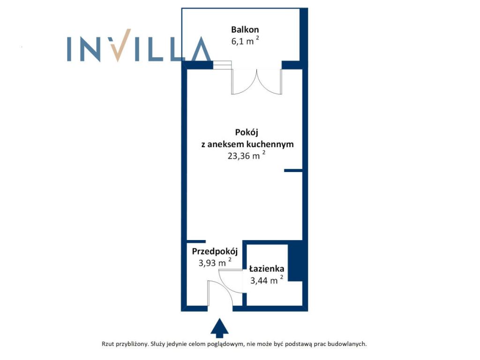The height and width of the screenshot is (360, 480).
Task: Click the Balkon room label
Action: [x=245, y=30]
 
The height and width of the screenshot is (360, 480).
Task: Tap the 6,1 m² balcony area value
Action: [x=245, y=40]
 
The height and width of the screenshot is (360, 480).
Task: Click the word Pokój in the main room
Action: [x=247, y=133]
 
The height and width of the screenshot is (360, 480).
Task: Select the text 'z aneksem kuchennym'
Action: [x=247, y=144]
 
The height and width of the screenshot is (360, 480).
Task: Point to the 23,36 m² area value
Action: [x=247, y=155]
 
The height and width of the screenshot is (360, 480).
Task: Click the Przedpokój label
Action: [x=215, y=252]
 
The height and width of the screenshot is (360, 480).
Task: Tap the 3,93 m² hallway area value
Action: [x=215, y=262]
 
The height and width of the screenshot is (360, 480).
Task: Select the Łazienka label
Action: [x=267, y=269]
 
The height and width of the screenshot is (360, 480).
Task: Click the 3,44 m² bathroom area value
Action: [x=267, y=280]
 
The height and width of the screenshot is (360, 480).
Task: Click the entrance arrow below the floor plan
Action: [x=219, y=328]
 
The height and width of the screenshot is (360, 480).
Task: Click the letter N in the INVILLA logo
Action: [x=89, y=49]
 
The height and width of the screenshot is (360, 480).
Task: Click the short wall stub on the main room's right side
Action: [x=293, y=171]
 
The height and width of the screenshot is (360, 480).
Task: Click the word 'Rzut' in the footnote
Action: [x=107, y=344]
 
